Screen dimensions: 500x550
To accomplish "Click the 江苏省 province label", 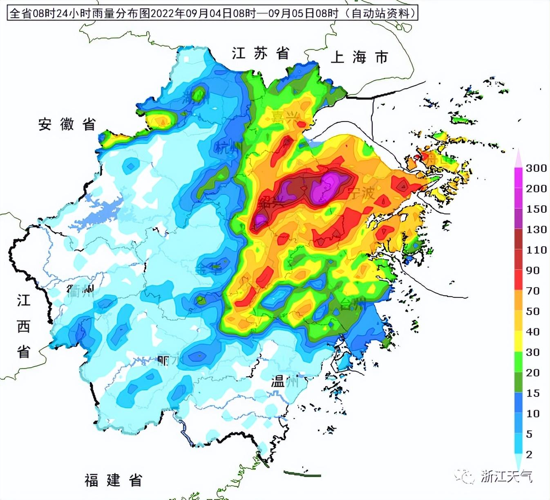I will pos(261,53).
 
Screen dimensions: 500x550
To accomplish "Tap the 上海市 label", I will pos(359,57).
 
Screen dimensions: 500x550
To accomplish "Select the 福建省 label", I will pos(113,480).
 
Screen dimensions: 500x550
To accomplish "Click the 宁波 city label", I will pos(362,192).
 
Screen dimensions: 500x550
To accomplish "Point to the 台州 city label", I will pos(353,304).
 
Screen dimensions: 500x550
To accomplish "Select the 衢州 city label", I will pos(80,291).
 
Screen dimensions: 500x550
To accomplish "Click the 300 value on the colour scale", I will pos(536,168).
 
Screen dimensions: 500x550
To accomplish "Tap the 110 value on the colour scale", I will pos(536,250).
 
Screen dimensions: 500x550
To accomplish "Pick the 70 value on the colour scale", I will pos(533,291).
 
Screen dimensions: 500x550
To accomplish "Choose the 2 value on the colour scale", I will pos(529,455).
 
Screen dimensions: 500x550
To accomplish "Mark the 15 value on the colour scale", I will pos(533,393).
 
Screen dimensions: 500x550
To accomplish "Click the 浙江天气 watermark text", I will pos(506,476).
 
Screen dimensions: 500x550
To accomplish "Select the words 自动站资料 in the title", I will pos(380,14).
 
